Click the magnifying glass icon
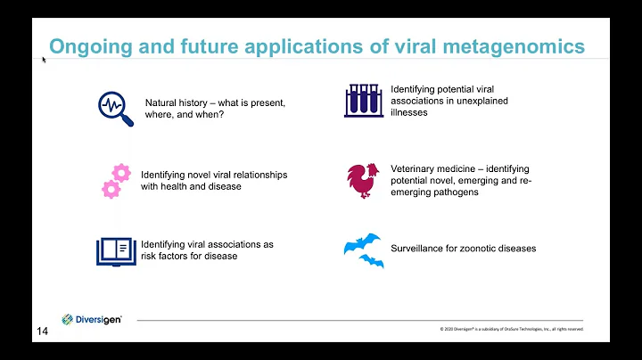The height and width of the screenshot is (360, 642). click(115, 109)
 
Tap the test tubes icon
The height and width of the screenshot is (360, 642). click(364, 100)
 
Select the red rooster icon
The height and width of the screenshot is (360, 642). click(362, 180)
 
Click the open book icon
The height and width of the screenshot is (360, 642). click(117, 250)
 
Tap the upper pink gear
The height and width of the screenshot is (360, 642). click(121, 173)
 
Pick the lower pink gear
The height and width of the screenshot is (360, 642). click(111, 188)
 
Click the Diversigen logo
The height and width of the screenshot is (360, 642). click(92, 319)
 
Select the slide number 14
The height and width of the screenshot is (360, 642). click(42, 331)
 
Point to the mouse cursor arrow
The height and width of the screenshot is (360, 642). click(44, 60)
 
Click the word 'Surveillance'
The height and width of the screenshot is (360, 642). click(418, 249)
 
